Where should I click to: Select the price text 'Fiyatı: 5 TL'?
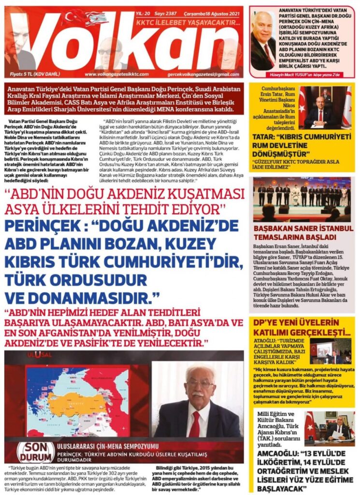(x=29, y=74)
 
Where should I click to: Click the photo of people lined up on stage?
(x=302, y=199)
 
